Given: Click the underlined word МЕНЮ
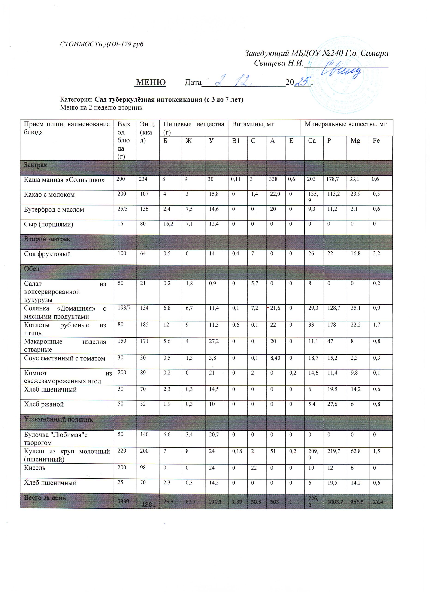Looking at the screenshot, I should (x=151, y=83).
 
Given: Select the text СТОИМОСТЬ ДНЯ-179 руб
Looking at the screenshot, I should (x=102, y=44).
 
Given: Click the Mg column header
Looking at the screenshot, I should (x=355, y=141).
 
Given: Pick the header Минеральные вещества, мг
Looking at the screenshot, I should (x=345, y=124).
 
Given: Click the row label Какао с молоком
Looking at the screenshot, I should (x=49, y=194).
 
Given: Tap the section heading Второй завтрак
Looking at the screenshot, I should (x=47, y=239).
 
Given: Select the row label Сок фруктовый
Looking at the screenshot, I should (x=47, y=254).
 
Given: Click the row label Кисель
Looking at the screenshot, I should (x=35, y=468).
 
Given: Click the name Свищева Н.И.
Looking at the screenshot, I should (x=279, y=63).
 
